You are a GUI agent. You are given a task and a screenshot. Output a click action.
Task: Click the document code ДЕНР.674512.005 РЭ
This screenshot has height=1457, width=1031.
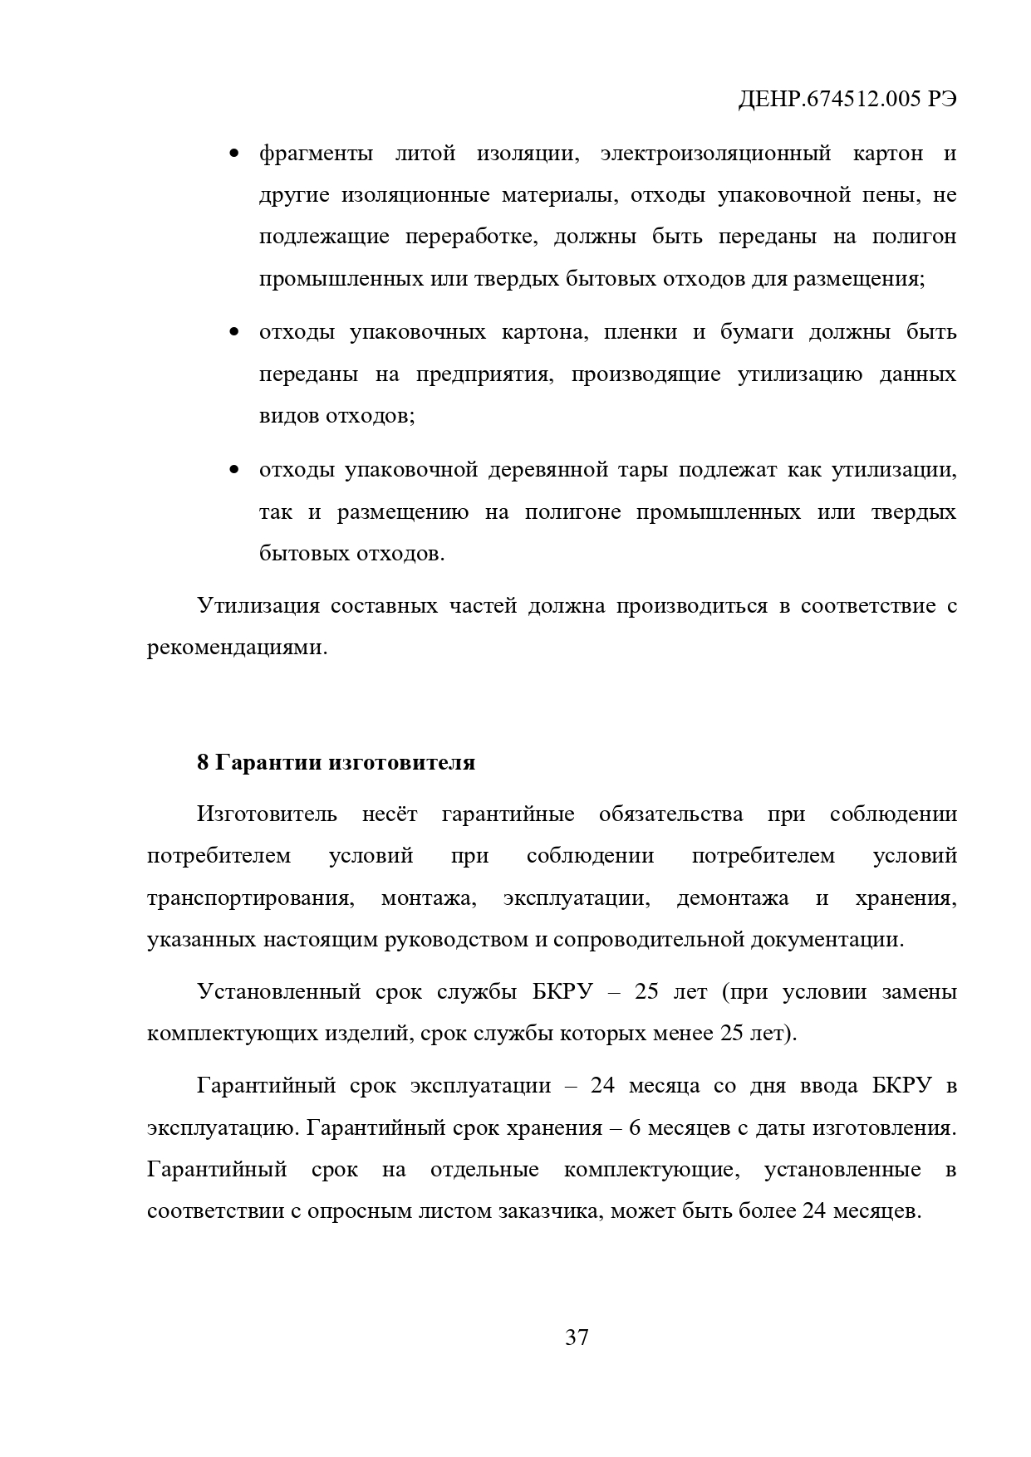pyautogui.click(x=847, y=100)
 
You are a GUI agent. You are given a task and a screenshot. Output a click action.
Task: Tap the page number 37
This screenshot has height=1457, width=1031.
pyautogui.click(x=577, y=1337)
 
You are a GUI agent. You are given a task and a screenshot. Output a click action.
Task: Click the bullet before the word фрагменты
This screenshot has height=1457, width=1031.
pyautogui.click(x=234, y=154)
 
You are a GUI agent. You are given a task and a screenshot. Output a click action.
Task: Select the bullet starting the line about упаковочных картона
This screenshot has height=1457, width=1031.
pyautogui.click(x=234, y=333)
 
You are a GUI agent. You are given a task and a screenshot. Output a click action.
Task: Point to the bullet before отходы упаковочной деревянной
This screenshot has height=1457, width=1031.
pyautogui.click(x=234, y=471)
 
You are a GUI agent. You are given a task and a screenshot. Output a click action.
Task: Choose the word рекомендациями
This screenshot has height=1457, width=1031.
pyautogui.click(x=237, y=648)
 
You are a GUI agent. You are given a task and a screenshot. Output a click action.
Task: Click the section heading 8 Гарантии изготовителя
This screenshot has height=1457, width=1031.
pyautogui.click(x=336, y=762)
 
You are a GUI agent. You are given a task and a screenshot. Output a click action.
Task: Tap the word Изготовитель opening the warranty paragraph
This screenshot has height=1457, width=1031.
pyautogui.click(x=267, y=814)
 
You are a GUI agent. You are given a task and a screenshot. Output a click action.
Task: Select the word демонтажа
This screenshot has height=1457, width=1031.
pyautogui.click(x=732, y=898)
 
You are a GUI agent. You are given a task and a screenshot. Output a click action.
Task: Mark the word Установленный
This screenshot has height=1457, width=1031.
pyautogui.click(x=278, y=992)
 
